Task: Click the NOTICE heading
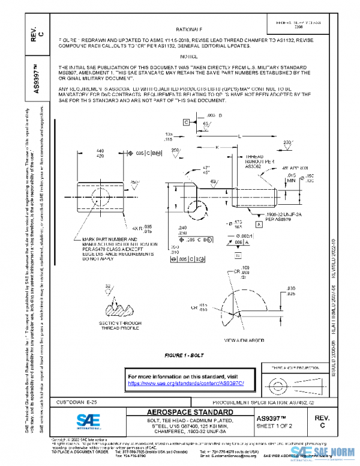coord(189,56)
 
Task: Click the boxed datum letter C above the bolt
coord(186,122)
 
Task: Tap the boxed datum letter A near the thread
coord(259,224)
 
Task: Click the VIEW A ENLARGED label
coord(244,340)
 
